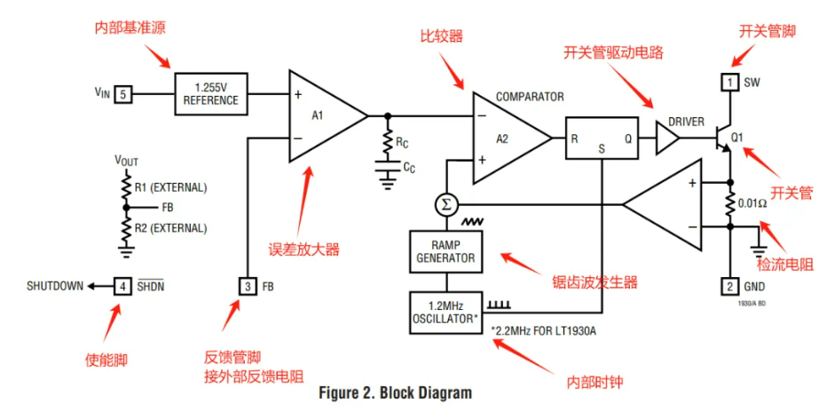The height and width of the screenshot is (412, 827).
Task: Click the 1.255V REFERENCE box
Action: (211, 92)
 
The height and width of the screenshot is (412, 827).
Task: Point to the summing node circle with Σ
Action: (446, 205)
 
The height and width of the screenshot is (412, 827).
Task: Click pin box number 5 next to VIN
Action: (124, 92)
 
